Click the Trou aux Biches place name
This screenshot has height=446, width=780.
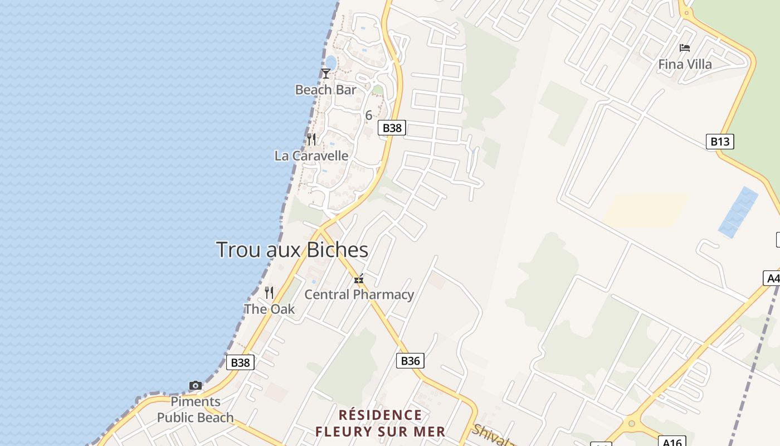tap(292, 250)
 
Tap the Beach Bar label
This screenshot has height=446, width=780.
tap(325, 90)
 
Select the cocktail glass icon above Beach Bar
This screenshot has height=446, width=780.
tap(326, 73)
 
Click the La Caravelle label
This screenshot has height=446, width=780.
tap(311, 156)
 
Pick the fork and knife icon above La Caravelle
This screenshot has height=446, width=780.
tap(311, 139)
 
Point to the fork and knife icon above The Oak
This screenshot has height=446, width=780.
tap(269, 292)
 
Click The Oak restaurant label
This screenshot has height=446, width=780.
tap(270, 309)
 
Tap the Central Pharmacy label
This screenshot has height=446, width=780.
tap(359, 294)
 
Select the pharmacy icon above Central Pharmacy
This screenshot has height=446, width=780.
tap(359, 278)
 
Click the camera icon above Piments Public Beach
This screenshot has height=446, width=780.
tap(195, 385)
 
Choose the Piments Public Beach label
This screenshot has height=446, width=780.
tap(196, 410)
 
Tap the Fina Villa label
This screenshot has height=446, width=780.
tap(685, 64)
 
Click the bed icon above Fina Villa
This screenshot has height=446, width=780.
tap(685, 48)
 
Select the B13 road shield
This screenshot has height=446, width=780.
tap(720, 142)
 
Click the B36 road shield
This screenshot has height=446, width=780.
tap(410, 361)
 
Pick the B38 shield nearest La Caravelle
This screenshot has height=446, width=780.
tap(392, 128)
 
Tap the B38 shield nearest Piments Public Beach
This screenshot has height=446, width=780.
tap(241, 362)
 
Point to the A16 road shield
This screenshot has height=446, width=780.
tap(672, 442)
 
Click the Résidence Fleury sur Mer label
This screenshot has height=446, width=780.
tap(381, 423)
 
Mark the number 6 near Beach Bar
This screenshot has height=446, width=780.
tap(368, 115)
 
